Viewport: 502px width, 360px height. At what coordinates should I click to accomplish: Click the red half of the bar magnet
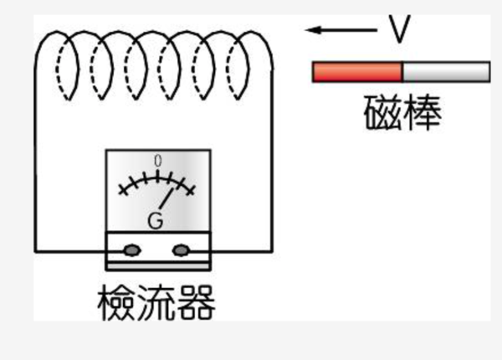pyautogui.click(x=357, y=72)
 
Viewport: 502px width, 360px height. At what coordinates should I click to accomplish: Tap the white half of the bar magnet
pyautogui.click(x=446, y=72)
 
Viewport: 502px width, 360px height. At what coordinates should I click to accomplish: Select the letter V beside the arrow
pyautogui.click(x=400, y=31)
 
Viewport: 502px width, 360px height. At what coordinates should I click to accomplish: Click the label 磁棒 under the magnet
pyautogui.click(x=402, y=113)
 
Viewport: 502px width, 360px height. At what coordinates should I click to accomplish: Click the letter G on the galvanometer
pyautogui.click(x=156, y=221)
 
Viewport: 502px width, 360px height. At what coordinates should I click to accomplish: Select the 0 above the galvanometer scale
pyautogui.click(x=157, y=161)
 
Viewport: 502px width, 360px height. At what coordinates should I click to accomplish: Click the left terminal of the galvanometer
pyautogui.click(x=132, y=249)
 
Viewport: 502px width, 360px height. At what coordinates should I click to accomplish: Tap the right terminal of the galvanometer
pyautogui.click(x=182, y=249)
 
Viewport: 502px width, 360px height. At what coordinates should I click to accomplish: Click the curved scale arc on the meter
pyautogui.click(x=156, y=179)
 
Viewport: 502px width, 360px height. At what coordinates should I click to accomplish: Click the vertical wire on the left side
pyautogui.click(x=36, y=167)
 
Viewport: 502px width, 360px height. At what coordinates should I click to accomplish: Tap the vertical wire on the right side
pyautogui.click(x=272, y=167)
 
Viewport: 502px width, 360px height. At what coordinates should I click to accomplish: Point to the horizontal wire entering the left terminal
pyautogui.click(x=71, y=250)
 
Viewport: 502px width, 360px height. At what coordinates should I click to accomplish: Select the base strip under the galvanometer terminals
pyautogui.click(x=158, y=265)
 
